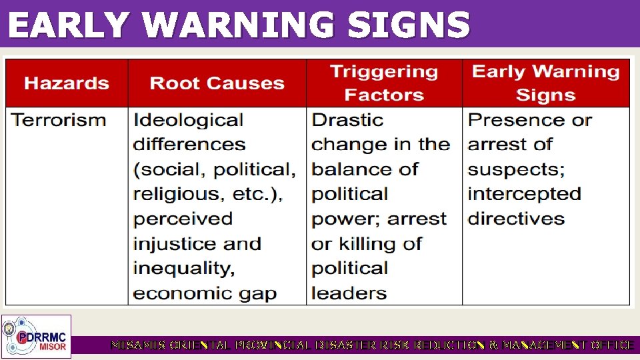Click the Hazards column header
67,83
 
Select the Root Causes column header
217,83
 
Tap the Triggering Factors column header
384,83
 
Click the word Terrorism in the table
59,121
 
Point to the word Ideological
188,121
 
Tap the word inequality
183,269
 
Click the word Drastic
347,121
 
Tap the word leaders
349,293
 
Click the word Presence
512,121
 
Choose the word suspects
516,169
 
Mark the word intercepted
524,194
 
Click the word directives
516,219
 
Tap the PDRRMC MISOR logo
37,336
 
